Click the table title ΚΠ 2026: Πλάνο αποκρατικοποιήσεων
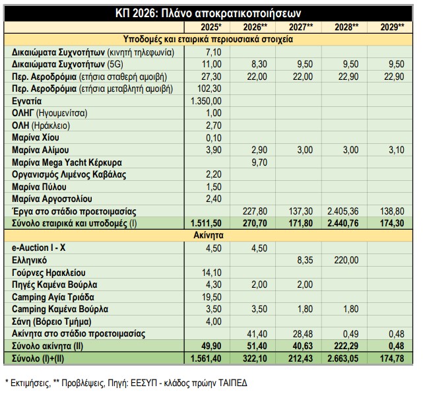[x=211, y=13]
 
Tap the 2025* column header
[x=211, y=26]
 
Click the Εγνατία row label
[x=27, y=100]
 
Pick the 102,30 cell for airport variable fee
[x=211, y=88]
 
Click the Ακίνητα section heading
[x=211, y=235]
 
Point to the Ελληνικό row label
[x=31, y=260]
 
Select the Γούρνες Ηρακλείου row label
[x=49, y=273]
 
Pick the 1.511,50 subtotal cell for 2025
[x=208, y=223]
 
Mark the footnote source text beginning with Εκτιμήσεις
[x=126, y=383]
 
